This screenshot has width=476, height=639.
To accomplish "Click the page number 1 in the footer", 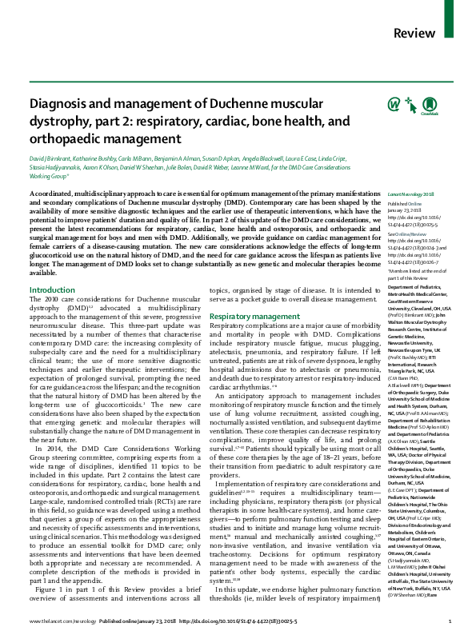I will pyautogui.click(x=450, y=621).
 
